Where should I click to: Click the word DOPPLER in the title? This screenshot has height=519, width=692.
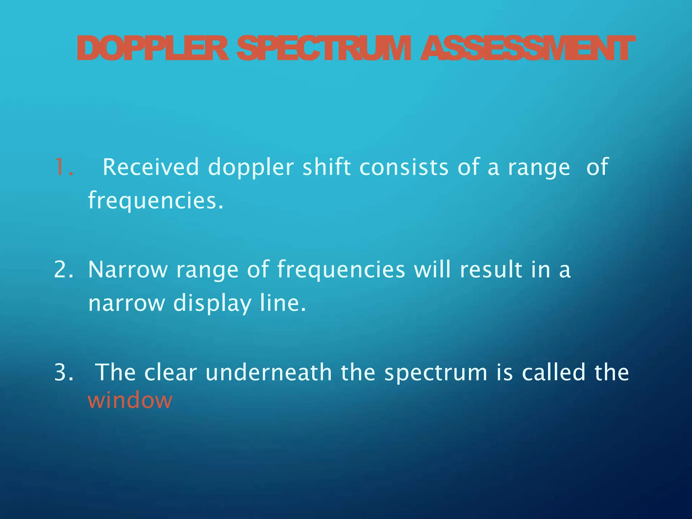tap(153, 49)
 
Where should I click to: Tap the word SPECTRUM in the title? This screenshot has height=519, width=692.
tap(324, 49)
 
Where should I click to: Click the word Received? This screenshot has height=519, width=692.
tap(151, 167)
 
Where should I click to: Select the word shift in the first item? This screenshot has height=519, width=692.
tap(326, 167)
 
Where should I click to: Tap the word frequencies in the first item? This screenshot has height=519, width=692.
tap(155, 201)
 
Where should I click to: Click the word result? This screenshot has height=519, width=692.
tap(491, 270)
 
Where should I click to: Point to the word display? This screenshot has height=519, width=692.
tap(212, 303)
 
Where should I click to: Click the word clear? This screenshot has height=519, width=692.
tap(170, 372)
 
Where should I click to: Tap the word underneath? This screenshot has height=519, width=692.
tap(269, 372)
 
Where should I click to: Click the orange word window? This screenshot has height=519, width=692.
tap(130, 401)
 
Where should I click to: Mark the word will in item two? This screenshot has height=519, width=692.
tap(432, 270)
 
